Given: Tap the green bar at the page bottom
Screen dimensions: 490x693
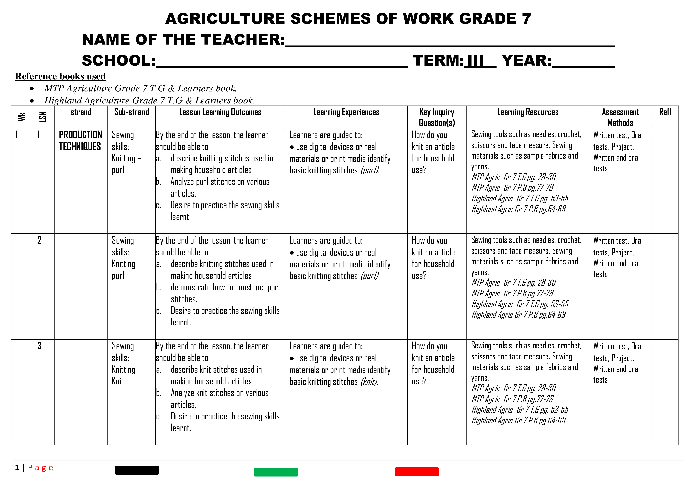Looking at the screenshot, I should [276, 472].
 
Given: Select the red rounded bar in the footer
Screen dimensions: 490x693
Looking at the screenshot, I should [416, 472].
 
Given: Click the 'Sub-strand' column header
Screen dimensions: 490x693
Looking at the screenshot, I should [131, 112].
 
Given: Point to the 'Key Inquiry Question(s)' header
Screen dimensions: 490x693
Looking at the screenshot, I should [437, 117].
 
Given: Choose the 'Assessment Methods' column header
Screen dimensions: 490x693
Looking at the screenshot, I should [620, 117].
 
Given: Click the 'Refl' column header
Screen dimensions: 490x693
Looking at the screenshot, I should [665, 112].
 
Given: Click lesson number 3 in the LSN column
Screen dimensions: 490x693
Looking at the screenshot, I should [40, 346].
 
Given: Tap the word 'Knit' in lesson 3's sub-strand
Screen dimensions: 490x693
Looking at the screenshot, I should [118, 381].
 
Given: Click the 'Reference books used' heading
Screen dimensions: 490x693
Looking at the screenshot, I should [60, 76].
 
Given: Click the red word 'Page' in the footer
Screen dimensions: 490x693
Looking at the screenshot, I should [40, 468].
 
